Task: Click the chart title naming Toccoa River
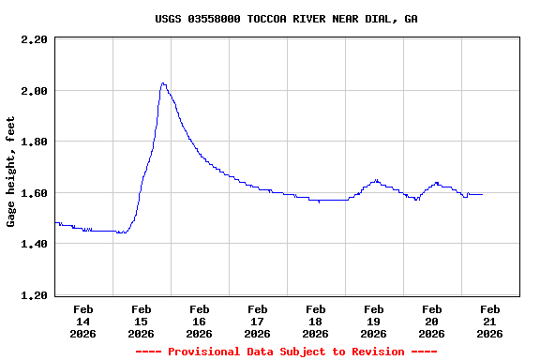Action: point(286,19)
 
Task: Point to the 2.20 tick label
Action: point(34,39)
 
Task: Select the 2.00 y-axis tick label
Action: point(34,91)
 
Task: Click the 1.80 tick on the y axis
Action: point(34,142)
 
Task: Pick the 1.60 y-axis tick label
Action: point(34,193)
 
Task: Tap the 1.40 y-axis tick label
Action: point(34,244)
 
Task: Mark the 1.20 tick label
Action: point(34,295)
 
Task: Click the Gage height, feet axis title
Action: point(11,172)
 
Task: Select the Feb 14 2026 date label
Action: point(82,321)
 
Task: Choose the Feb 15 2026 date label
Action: point(141,321)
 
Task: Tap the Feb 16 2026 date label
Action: point(199,321)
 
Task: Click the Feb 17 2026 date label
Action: point(257,321)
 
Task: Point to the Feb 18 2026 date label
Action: point(315,321)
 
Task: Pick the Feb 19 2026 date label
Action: point(373,321)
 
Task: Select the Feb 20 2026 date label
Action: point(431,321)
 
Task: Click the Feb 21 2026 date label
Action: point(489,321)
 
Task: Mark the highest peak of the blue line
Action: point(163,83)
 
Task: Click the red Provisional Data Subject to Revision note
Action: point(286,352)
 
